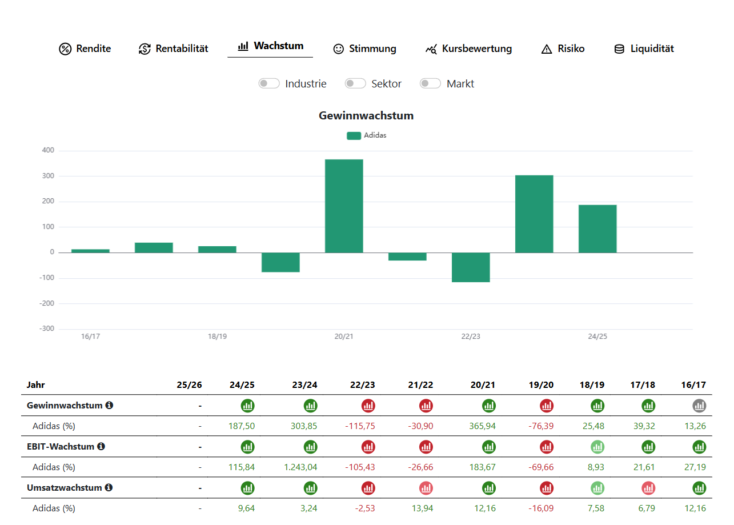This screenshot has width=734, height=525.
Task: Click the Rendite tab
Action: tap(85, 49)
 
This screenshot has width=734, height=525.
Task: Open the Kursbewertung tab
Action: tap(468, 49)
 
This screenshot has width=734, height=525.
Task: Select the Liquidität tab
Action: tap(644, 49)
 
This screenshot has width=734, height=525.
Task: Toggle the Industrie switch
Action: tap(268, 83)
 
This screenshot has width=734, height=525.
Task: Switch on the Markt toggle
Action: tap(430, 83)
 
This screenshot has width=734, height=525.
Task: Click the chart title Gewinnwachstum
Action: tap(366, 116)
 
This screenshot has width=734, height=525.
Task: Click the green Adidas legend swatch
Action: tap(354, 135)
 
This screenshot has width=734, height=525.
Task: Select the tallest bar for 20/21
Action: tap(344, 206)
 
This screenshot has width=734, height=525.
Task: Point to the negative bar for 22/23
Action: tap(471, 267)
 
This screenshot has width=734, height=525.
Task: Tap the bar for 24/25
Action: tap(597, 229)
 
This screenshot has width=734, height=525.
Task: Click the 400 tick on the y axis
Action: tap(48, 150)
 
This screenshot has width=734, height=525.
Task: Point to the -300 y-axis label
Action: tap(46, 328)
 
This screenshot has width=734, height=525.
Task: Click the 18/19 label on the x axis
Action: tap(217, 336)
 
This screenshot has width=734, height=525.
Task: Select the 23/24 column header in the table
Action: tap(304, 384)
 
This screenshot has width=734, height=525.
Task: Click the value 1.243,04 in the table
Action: tap(300, 467)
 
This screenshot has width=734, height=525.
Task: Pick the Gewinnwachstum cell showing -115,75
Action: tap(359, 426)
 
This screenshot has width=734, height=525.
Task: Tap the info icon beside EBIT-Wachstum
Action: tap(101, 446)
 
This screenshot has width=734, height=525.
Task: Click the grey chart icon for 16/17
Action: tap(699, 406)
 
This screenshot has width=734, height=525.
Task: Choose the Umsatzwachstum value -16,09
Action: tap(541, 508)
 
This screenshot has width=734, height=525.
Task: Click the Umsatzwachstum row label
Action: tap(64, 488)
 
